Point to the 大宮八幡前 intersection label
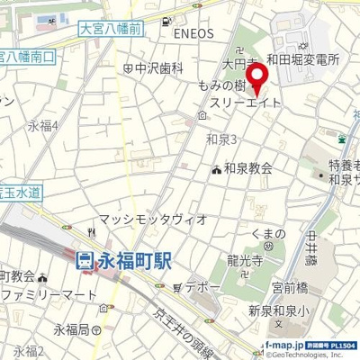110,31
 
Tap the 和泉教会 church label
247,167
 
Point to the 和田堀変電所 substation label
308,60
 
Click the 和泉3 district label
220,139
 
